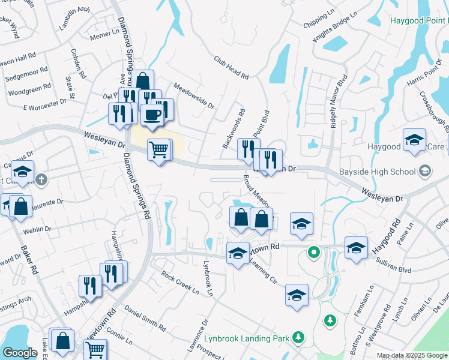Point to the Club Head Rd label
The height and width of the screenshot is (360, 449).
(231, 68)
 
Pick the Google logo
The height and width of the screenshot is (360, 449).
(20, 353)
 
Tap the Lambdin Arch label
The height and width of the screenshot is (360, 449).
(74, 18)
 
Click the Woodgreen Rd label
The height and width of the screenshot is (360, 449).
(29, 92)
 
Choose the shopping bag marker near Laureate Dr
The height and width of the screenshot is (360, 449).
(20, 206)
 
